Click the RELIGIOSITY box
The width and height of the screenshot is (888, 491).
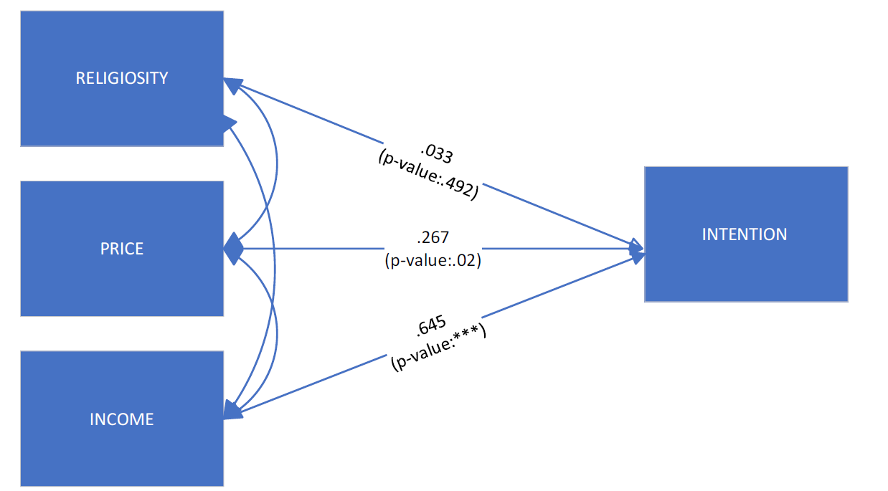[122, 78]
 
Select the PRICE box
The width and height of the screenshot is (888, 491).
[122, 249]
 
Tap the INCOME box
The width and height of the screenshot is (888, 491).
[122, 419]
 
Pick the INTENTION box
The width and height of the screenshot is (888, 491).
[746, 234]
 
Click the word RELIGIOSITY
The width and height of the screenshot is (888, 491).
[122, 78]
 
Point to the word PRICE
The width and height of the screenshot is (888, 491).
[122, 249]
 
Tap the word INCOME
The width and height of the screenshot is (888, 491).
[122, 419]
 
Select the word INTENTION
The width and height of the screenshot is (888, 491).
[745, 234]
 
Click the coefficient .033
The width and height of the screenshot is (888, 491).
[437, 153]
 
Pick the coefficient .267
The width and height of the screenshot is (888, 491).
[433, 237]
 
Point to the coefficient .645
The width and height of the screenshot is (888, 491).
[431, 325]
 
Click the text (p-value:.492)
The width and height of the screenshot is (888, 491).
[428, 174]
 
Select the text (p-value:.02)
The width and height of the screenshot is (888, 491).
[433, 260]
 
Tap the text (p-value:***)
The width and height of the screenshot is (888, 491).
[438, 347]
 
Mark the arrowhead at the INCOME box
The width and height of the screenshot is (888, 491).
[232, 410]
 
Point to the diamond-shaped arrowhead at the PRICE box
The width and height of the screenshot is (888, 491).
[234, 249]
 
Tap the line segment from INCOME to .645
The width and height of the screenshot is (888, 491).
[313, 383]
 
